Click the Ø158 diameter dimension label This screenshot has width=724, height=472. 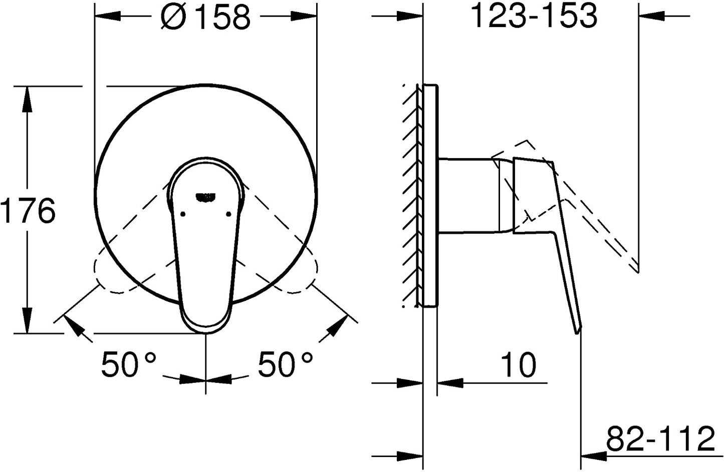205,17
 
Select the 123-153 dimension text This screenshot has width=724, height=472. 534,16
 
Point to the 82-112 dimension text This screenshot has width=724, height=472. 660,439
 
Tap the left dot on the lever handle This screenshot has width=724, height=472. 183,214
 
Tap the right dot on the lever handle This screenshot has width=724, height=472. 229,214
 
